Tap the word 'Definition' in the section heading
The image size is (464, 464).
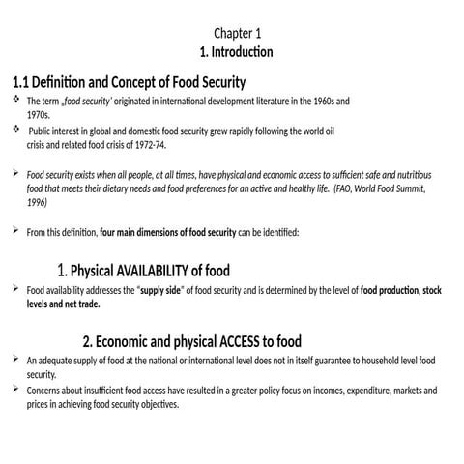click(71, 82)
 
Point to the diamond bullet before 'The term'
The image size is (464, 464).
click(14, 100)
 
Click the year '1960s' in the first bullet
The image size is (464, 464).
click(334, 101)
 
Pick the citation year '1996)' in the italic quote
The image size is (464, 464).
click(37, 203)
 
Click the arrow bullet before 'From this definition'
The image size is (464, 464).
click(14, 231)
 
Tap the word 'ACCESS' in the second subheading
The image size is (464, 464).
click(247, 341)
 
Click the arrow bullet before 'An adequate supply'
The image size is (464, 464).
click(14, 360)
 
